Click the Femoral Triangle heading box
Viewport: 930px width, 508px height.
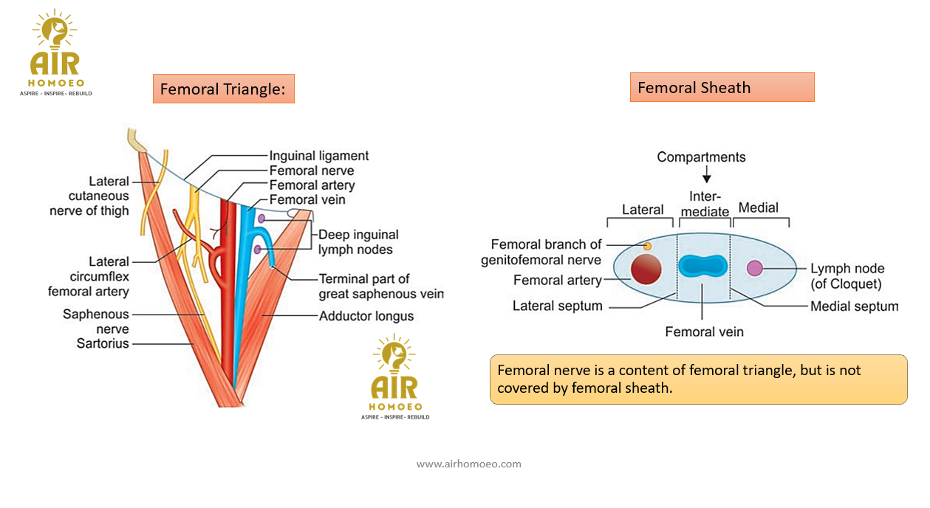tap(223, 89)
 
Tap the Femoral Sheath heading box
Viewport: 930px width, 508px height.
tap(722, 87)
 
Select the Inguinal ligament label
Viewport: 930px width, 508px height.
tap(319, 156)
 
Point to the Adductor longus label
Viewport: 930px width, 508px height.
tap(366, 316)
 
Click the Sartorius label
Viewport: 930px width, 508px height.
tap(103, 343)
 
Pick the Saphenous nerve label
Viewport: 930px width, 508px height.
tap(96, 322)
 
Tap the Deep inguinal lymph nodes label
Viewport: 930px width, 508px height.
tap(358, 242)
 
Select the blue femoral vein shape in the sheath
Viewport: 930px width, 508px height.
tap(703, 267)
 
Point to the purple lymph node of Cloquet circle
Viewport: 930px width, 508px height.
tap(754, 268)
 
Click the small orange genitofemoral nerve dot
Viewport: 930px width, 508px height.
tap(648, 245)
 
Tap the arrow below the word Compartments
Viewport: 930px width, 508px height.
tap(706, 176)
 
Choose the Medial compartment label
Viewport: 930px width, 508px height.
tap(759, 207)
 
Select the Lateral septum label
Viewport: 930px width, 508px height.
tap(558, 306)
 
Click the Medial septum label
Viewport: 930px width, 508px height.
tap(854, 306)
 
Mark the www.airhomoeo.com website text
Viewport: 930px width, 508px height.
tap(469, 464)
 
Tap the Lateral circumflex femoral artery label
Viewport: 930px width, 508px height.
tap(89, 276)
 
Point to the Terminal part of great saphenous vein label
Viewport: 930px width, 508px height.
tap(380, 286)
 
